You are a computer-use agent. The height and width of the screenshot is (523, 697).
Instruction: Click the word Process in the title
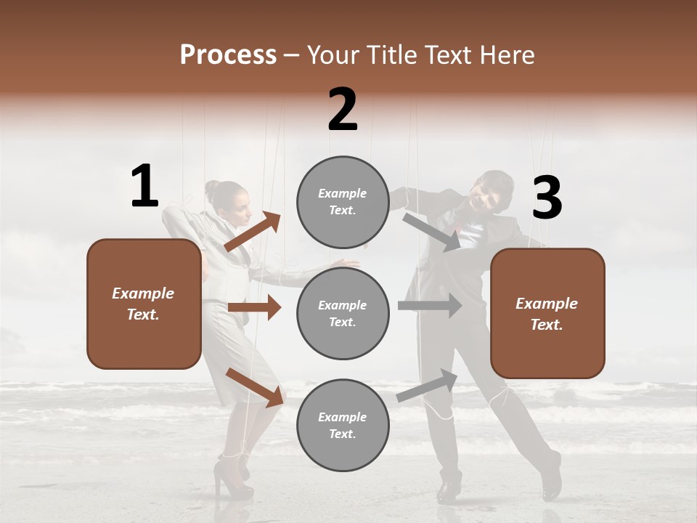point(228,55)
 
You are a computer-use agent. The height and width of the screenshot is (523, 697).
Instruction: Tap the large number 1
point(144,187)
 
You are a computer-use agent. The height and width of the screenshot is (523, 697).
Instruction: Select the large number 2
point(343,110)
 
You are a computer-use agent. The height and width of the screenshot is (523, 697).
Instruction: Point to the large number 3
point(547,198)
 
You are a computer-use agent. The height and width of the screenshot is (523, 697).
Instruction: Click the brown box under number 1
point(144,304)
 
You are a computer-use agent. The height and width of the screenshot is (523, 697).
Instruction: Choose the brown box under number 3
point(547,313)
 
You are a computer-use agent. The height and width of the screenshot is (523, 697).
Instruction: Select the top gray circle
point(343,202)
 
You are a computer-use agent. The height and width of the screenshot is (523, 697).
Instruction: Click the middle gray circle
point(343,313)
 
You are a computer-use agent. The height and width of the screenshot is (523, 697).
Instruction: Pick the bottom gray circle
point(343,425)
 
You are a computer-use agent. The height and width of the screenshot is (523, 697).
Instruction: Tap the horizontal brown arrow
point(254,307)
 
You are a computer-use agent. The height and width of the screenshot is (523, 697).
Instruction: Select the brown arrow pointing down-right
point(255,386)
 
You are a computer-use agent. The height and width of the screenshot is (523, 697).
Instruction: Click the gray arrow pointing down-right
point(433,232)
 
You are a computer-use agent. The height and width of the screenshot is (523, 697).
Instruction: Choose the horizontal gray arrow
point(430,306)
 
